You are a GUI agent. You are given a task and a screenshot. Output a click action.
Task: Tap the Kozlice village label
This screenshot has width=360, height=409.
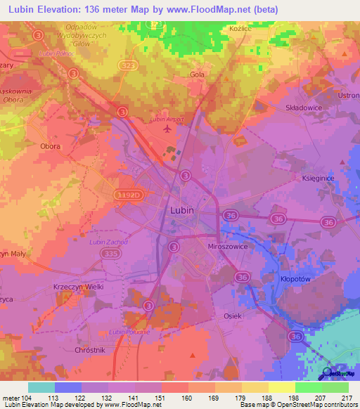point(240,29)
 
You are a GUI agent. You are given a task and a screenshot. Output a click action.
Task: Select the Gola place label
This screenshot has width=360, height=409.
point(198,74)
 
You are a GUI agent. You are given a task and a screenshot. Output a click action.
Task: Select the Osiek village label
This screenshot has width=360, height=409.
point(233,316)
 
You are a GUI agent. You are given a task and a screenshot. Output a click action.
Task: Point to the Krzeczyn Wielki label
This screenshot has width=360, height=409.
point(78,287)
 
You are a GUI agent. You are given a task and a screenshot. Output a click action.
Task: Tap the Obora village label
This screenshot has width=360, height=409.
point(50,146)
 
